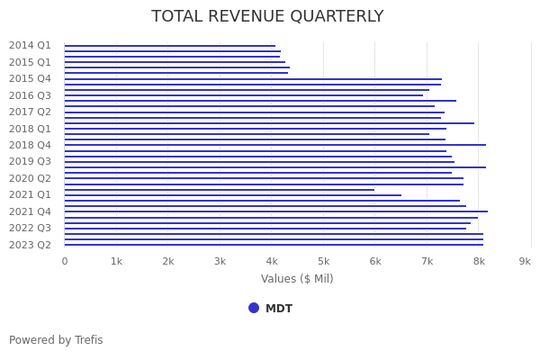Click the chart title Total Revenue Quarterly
coord(267,16)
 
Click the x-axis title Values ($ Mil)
coord(297,279)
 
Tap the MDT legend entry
coord(278,309)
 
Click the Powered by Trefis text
coord(56,340)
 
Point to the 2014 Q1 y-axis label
coord(30,45)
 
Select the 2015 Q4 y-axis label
coord(30,78)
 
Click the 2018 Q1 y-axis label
coord(30,129)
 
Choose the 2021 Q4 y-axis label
coord(30,211)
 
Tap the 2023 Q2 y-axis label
coord(30,245)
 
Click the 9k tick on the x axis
coord(525,261)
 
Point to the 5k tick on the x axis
coord(323,261)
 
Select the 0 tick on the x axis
coord(64,261)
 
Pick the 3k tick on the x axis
coord(220,261)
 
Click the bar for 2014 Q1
coord(169,46)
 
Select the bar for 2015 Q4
coord(252,79)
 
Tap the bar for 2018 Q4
coord(274,145)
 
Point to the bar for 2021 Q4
coord(275,211)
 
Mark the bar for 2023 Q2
coord(274,245)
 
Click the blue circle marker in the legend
coord(254,308)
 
